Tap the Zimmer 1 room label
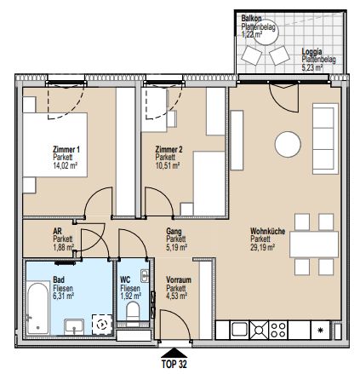[x=66, y=151]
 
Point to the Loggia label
[x=312, y=50]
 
